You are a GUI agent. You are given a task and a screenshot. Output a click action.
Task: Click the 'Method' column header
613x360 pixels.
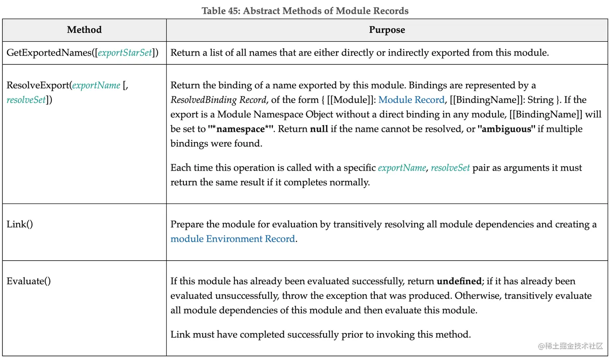[x=84, y=30]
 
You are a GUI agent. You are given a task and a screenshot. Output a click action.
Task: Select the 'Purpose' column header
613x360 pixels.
[x=387, y=30]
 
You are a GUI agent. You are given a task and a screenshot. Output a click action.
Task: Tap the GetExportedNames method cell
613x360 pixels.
[x=82, y=53]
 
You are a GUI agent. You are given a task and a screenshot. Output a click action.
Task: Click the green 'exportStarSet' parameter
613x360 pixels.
[x=125, y=53]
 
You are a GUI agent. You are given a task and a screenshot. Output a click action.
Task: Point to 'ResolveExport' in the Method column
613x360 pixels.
[x=38, y=85]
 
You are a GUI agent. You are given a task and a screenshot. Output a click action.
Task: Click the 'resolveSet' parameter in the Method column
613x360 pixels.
[x=26, y=100]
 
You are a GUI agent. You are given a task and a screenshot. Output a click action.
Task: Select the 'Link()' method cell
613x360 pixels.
[x=20, y=224]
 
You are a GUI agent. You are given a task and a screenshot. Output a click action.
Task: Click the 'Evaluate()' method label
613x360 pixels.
[x=29, y=281]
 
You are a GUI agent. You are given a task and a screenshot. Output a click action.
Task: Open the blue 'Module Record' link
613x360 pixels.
[x=411, y=100]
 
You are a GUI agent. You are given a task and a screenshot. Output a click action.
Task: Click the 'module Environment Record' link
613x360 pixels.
[x=233, y=239]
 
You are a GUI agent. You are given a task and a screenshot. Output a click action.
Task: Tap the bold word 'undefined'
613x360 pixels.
[x=459, y=281]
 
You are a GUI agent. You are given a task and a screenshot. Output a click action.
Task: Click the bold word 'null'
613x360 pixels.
[x=319, y=129]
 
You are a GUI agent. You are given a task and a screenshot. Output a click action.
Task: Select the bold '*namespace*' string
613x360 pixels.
[x=241, y=129]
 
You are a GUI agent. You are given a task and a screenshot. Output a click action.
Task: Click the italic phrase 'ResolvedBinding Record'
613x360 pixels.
[x=218, y=100]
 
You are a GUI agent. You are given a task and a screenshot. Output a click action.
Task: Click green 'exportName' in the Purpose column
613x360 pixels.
[x=402, y=168]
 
